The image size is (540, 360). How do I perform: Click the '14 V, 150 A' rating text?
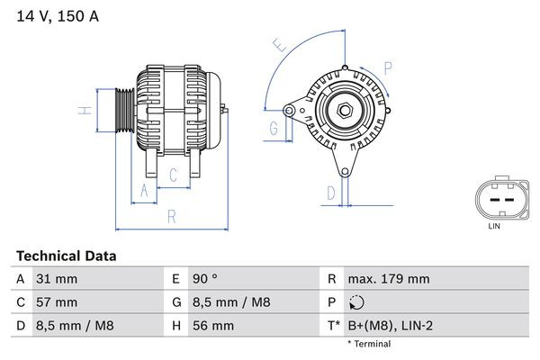[56, 15]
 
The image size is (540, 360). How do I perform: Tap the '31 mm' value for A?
[56, 279]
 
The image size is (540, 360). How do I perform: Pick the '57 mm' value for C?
[56, 302]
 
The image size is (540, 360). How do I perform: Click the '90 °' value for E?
[207, 279]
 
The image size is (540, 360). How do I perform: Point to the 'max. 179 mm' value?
[388, 279]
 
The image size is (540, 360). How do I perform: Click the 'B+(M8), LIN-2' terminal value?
[390, 326]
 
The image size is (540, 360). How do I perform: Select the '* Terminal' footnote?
[369, 344]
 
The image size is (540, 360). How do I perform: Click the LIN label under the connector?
[493, 227]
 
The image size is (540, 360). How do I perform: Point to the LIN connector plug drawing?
[494, 200]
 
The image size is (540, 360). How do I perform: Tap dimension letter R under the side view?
[171, 216]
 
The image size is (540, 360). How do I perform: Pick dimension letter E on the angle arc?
[279, 44]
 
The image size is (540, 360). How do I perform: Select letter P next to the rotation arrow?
[388, 66]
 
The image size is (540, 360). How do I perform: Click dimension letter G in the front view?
[273, 128]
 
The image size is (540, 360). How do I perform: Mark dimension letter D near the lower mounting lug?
[331, 192]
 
